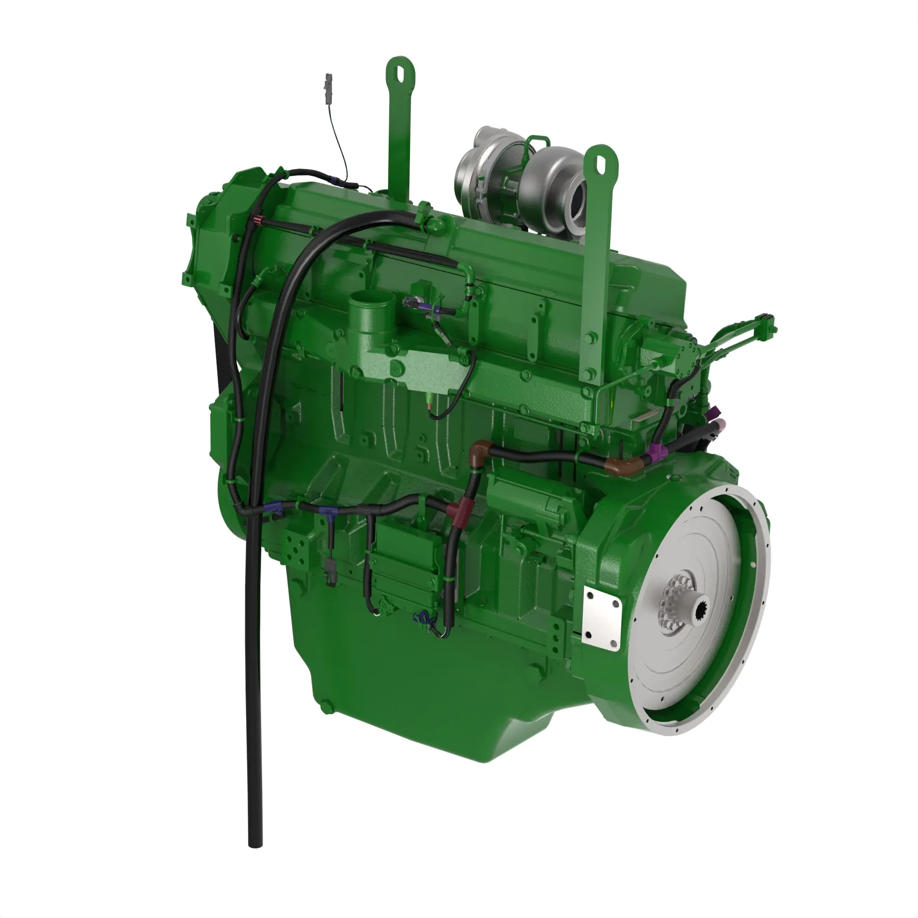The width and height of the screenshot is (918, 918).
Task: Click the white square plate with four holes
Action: click(603, 617)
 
